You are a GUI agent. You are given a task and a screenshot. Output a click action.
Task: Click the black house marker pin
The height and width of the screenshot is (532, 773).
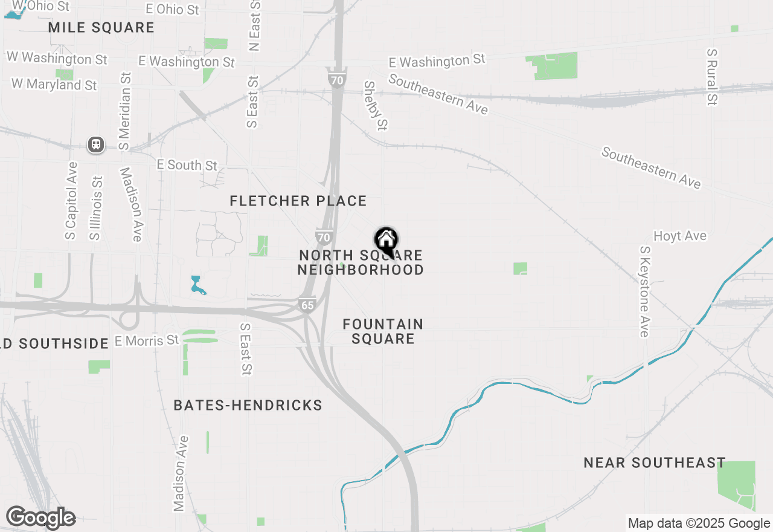coord(386,241)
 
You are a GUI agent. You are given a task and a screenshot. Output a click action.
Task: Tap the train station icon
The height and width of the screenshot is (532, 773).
coord(95,145)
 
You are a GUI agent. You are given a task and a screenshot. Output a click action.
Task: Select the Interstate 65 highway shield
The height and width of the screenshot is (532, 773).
coord(307,305)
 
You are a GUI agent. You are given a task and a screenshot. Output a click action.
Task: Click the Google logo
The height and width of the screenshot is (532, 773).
coord(40,518)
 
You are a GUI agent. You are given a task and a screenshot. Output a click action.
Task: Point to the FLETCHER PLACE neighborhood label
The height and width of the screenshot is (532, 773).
coord(298,201)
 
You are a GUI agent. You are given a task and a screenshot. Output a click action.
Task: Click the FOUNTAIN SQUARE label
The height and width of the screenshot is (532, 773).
coord(383,331)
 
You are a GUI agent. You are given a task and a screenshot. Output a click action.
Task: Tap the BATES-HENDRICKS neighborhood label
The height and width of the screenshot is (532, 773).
coord(248,405)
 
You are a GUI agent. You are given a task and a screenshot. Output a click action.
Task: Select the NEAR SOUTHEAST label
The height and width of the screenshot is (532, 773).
coord(655,463)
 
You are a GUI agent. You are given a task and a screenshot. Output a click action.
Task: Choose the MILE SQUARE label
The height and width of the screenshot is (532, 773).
coord(101,28)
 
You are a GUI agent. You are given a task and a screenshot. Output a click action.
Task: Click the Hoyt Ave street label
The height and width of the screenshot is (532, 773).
coord(680,236)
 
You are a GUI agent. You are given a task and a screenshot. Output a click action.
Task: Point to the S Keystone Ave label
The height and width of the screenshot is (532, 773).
coord(645,291)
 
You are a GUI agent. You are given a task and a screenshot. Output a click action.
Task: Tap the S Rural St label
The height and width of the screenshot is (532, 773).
coord(712,77)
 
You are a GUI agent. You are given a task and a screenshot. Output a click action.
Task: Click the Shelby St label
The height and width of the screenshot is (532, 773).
coord(375,106)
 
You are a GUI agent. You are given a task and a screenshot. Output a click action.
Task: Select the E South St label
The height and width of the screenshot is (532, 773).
coord(187,165)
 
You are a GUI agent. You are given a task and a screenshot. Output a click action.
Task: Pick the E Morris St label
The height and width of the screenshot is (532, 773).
coord(147,341)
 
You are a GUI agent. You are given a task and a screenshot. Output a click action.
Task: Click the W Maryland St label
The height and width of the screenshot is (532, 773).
coord(54,85)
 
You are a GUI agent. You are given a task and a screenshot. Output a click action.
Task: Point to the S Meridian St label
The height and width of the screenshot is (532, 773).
coord(125,111)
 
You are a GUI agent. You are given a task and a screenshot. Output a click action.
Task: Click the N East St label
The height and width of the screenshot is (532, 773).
coord(255,25)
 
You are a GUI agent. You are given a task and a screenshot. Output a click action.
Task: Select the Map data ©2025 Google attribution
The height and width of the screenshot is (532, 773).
coord(699,524)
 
